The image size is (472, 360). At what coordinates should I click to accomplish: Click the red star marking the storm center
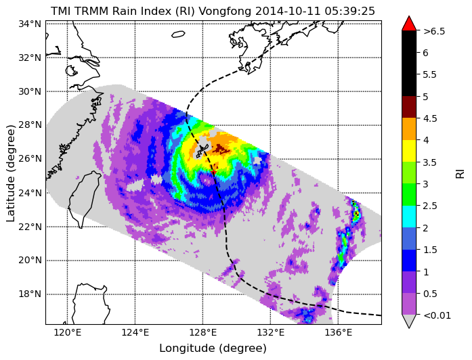(x=214, y=172)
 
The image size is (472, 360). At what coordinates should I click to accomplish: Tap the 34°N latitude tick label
(x=30, y=24)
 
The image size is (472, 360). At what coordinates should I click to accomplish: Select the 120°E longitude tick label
(x=67, y=333)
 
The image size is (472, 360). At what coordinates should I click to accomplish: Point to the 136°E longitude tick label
(x=338, y=333)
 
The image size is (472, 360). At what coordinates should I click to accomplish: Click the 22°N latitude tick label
(x=30, y=227)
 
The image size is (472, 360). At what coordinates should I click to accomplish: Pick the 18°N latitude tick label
(x=30, y=294)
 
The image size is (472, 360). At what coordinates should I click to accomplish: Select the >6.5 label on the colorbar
(x=434, y=31)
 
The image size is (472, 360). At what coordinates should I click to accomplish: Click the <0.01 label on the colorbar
(x=437, y=315)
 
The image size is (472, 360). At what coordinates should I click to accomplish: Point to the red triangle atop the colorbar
(x=409, y=24)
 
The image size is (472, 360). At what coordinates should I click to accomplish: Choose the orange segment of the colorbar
(x=409, y=129)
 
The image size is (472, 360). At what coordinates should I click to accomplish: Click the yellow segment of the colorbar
(x=409, y=151)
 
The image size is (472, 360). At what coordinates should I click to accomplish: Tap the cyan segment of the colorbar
(x=409, y=217)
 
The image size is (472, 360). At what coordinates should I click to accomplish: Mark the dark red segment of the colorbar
(x=409, y=107)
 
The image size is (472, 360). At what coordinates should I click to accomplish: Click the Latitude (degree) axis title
(x=10, y=173)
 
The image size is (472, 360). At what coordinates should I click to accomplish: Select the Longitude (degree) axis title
(x=213, y=348)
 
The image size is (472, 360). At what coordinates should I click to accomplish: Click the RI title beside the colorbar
(x=460, y=173)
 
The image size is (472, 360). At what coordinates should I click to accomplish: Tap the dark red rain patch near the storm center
(x=221, y=149)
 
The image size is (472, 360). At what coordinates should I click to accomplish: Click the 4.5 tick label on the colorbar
(x=430, y=118)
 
